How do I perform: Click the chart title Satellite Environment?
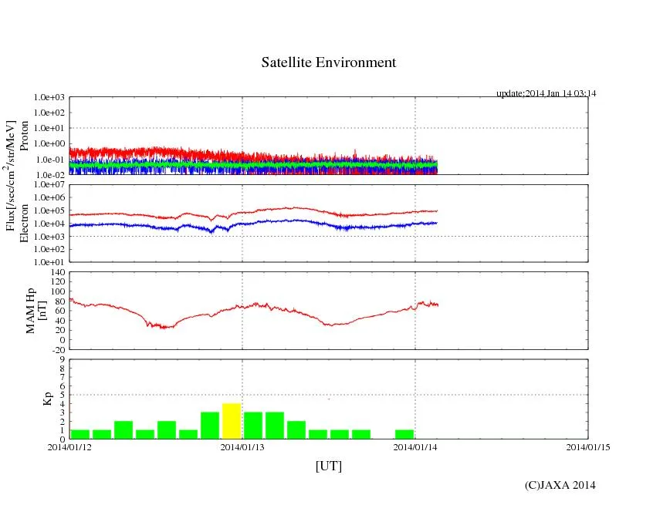[328, 62]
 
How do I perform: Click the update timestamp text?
[546, 93]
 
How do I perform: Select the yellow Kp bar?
[232, 421]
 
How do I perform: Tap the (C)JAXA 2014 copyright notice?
[560, 485]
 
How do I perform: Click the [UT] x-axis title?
[328, 466]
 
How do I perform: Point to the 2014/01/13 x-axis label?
[242, 446]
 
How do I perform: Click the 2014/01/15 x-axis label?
[588, 446]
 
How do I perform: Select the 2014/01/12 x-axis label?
[69, 446]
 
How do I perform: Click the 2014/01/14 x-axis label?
[415, 446]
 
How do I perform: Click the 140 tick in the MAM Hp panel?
[58, 272]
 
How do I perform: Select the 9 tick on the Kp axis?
[62, 359]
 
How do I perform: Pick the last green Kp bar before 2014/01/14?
[404, 434]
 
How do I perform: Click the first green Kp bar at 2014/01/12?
[80, 434]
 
